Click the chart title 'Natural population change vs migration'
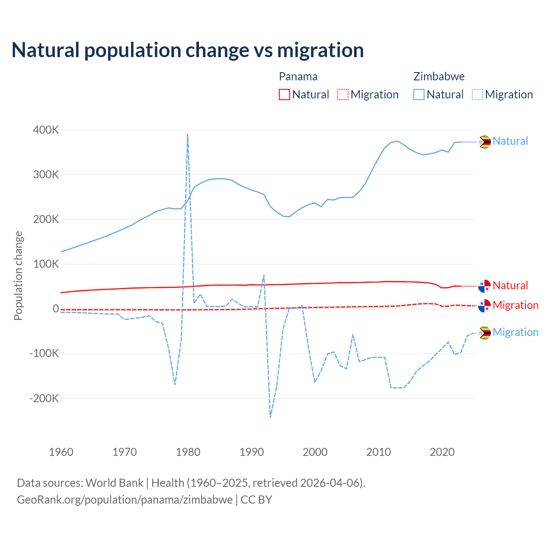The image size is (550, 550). (188, 50)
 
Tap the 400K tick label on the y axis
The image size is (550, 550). (46, 130)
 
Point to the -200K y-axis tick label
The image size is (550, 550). (44, 398)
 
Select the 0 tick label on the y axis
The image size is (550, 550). (56, 309)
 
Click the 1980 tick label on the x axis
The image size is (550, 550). (188, 452)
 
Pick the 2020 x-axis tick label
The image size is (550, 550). (442, 452)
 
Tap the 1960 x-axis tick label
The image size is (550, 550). (61, 452)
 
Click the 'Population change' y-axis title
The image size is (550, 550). (18, 275)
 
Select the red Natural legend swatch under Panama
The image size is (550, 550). (284, 95)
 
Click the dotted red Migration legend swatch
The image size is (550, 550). (343, 95)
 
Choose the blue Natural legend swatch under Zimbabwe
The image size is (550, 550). (419, 95)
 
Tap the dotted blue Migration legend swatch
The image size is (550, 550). (477, 95)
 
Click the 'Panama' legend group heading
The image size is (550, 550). (298, 76)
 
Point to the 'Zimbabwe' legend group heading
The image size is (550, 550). (439, 76)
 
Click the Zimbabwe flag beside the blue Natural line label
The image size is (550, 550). (485, 141)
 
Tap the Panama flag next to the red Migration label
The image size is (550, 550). (485, 306)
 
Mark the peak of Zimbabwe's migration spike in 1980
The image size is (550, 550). (188, 134)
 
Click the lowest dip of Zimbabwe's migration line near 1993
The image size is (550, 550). (270, 417)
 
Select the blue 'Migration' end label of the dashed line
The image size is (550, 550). (516, 332)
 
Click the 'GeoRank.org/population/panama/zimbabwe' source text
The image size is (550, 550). (125, 500)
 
